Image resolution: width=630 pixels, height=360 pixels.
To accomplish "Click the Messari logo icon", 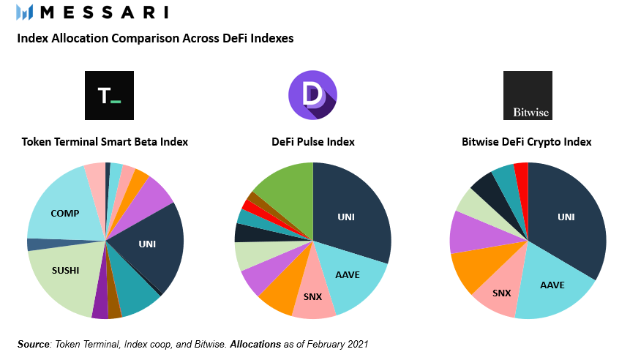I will [x=24, y=12].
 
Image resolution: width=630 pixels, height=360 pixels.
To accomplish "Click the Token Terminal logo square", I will [x=109, y=95].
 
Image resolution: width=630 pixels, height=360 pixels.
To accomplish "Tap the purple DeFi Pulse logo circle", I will [x=312, y=95].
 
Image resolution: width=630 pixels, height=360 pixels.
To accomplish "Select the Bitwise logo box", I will [x=528, y=95].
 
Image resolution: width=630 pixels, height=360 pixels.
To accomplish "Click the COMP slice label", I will [x=65, y=214].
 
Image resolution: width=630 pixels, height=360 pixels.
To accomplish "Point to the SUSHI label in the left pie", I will [x=65, y=270].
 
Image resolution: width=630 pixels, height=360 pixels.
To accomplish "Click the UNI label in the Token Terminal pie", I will [x=148, y=244].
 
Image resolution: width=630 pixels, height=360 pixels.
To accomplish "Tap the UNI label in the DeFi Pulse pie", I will [x=346, y=217].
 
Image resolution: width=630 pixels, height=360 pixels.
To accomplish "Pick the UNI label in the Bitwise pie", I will [x=566, y=217].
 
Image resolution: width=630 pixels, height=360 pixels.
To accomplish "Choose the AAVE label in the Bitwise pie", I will [x=552, y=285].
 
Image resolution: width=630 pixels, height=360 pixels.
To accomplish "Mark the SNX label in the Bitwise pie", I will [x=502, y=293].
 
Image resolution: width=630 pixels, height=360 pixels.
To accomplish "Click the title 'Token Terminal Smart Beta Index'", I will [x=105, y=142].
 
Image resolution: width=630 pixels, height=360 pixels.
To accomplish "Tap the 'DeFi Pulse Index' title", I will [x=314, y=142].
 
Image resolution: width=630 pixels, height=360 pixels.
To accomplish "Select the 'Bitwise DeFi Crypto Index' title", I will [x=527, y=142].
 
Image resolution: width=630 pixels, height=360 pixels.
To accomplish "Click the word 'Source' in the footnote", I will [x=33, y=343].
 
